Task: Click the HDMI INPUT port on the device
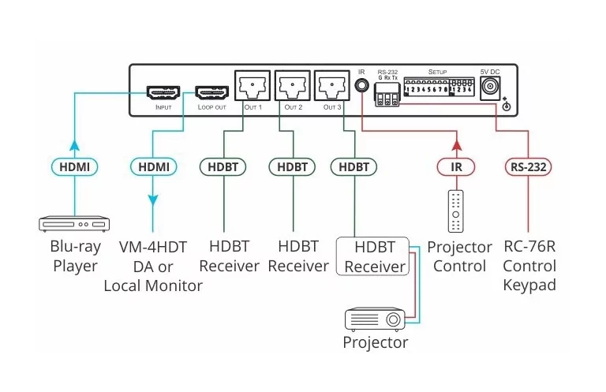(163, 92)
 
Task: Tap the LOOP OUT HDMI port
(211, 92)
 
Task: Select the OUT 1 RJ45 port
(252, 85)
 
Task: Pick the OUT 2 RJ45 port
(292, 85)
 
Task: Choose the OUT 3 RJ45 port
(331, 85)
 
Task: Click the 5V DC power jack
(492, 86)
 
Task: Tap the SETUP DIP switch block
(439, 86)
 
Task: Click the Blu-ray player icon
(74, 225)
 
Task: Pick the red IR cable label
(455, 166)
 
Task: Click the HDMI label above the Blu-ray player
(74, 166)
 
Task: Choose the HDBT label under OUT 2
(292, 166)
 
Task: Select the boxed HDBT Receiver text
(375, 256)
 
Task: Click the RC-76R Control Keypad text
(529, 266)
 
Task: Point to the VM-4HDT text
(153, 247)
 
